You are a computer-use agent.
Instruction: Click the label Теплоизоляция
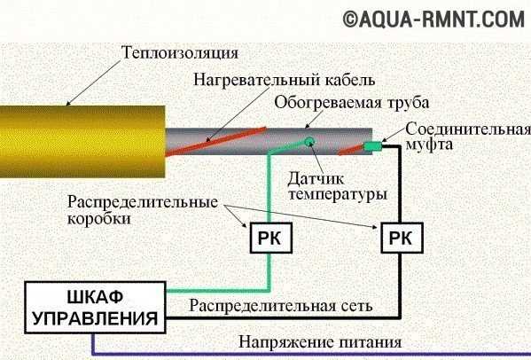pos(180,53)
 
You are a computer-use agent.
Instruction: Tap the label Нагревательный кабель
pos(285,81)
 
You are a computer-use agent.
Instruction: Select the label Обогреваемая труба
pos(352,103)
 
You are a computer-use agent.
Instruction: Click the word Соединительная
pos(468,129)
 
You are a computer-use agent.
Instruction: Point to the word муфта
pos(429,145)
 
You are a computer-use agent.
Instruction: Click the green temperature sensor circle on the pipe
pos(308,142)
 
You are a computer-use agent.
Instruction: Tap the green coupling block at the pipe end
pos(373,146)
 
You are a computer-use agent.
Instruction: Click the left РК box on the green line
pos(271,238)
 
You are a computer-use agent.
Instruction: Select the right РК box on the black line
pos(402,238)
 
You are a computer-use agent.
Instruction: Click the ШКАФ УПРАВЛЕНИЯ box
pos(95,308)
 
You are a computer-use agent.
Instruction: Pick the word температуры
pos(338,195)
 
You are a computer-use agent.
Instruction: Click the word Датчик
pos(316,179)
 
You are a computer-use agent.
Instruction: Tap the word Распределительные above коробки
pos(143,202)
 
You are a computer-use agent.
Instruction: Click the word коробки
pos(99,218)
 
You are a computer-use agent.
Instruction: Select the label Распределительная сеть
pos(281,306)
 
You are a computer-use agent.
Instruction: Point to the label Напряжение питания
pos(320,342)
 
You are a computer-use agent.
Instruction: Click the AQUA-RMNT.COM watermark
pos(433,20)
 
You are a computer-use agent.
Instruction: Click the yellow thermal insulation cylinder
pos(82,142)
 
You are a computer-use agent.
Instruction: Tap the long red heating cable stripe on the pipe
pos(215,142)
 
